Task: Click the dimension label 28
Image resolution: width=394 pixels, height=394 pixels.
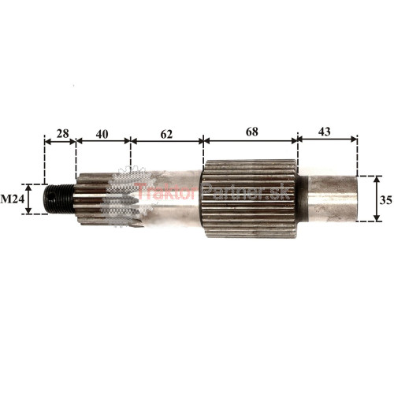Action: click(63, 133)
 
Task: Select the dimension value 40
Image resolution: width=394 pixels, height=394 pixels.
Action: click(102, 134)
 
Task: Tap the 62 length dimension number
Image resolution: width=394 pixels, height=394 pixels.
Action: click(166, 134)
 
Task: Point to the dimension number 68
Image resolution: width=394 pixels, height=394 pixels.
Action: click(252, 132)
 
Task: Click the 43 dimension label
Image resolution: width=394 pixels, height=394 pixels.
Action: click(324, 132)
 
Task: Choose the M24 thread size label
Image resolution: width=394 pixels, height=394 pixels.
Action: click(13, 199)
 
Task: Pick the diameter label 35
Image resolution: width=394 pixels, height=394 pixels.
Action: click(385, 200)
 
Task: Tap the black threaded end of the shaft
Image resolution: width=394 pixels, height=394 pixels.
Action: click(58, 199)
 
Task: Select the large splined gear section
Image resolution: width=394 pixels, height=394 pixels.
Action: click(250, 199)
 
